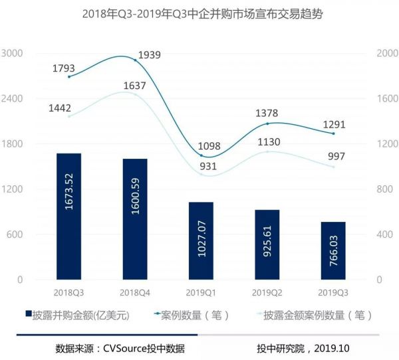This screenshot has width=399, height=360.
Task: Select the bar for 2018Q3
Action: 68,216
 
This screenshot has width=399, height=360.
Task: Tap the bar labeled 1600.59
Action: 135,219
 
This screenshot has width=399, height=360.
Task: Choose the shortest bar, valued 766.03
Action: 333,250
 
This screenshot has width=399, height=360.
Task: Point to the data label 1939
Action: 150,55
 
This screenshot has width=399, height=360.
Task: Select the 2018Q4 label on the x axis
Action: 135,291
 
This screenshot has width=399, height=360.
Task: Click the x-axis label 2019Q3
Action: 333,291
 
